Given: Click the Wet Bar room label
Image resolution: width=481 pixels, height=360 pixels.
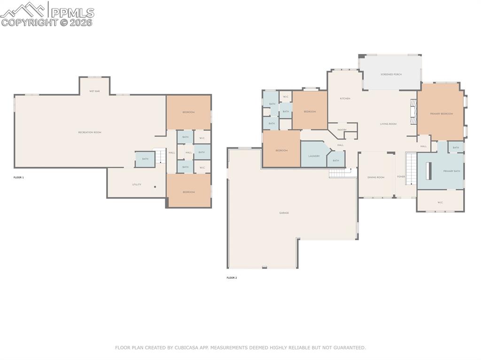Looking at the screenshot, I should point(94,91).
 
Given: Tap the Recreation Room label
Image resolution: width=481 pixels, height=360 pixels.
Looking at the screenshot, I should point(90,132).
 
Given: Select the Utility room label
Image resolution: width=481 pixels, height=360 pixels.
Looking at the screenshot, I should point(136,184).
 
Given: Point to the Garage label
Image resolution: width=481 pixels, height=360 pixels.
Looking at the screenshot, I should point(284,213).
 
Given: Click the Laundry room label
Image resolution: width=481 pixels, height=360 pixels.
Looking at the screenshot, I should point(314,156).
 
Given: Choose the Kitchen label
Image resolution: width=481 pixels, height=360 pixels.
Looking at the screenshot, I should point(345,99).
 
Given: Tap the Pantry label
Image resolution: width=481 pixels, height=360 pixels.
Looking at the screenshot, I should point(342,130).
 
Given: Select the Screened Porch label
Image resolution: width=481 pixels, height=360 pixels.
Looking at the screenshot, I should point(391,74).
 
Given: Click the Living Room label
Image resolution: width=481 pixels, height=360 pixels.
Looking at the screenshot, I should point(388,124).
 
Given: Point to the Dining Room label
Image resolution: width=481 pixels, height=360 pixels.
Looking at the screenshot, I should point(376,177).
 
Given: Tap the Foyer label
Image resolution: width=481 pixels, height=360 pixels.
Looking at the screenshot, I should point(401,177).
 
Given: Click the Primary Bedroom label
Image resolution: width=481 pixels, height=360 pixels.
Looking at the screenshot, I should point(442,114).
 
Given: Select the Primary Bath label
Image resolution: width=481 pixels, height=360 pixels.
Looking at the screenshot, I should point(451,171).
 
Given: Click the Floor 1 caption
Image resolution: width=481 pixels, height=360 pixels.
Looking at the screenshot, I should point(18,177).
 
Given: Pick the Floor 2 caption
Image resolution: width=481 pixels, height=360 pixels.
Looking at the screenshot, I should point(232,278).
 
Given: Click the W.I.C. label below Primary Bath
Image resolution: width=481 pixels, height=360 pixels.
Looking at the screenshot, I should point(440,203).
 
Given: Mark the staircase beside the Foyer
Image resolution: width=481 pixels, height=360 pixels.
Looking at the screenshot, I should point(411,169).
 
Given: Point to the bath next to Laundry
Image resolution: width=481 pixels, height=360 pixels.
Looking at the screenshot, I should point(336,161).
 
